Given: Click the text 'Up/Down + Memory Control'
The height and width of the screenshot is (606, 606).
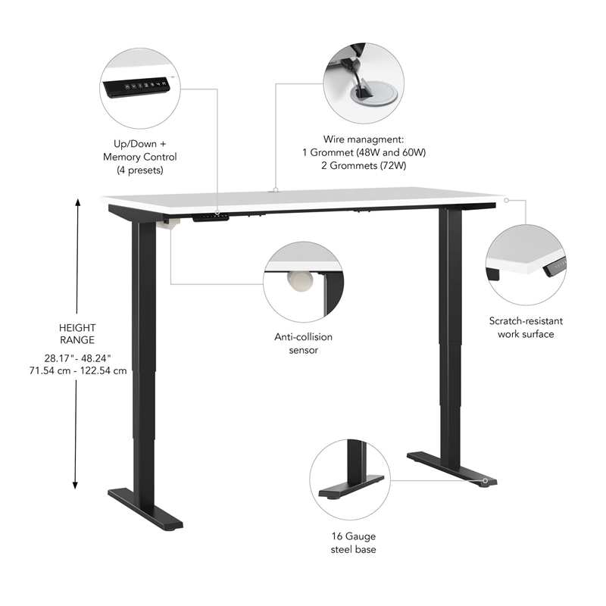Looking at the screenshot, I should click(x=140, y=150).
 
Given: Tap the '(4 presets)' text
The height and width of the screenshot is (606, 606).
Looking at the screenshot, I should click(x=140, y=170).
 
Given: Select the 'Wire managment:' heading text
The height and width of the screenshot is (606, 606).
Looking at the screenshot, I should click(x=364, y=139).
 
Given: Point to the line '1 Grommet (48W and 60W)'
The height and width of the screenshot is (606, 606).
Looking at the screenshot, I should click(x=364, y=152).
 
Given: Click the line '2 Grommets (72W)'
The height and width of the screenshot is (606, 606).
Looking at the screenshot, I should click(x=364, y=165).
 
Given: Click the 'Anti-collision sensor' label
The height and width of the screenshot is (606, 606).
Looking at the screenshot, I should click(x=303, y=343).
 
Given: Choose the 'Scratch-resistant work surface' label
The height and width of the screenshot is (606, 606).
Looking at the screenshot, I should click(x=526, y=327).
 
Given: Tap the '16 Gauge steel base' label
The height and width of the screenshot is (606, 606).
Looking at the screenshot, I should click(x=353, y=542).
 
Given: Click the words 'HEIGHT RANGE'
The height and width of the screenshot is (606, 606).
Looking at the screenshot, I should click(x=77, y=334).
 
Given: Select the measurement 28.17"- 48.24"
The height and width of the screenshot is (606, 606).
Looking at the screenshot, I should click(x=77, y=358).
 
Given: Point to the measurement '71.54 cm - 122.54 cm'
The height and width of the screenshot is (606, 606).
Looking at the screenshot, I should click(x=77, y=370).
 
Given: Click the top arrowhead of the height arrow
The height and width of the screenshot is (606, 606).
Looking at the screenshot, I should click(x=76, y=202).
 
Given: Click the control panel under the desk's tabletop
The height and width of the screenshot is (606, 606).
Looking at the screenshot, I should click(x=211, y=217).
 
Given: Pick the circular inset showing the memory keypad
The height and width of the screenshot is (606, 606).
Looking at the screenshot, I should click(x=140, y=86).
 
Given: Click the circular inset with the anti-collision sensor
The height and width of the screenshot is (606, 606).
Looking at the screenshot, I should click(x=303, y=282).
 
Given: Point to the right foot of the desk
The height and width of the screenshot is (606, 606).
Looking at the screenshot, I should click(x=452, y=468).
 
